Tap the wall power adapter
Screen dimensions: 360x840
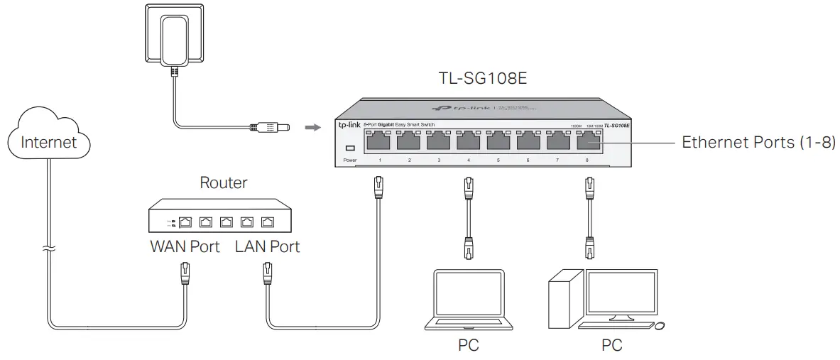(x=170, y=35)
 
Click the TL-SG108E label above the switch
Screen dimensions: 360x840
(x=483, y=78)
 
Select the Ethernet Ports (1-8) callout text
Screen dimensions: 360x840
(x=759, y=142)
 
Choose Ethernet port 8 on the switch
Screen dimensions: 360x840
(x=587, y=142)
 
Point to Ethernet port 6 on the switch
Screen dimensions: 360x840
(x=528, y=142)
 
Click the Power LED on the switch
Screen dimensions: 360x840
(x=349, y=148)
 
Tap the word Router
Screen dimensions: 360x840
(x=223, y=182)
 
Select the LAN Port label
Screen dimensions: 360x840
(x=267, y=246)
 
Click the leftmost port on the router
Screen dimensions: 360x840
(x=185, y=222)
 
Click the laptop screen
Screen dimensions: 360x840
(x=469, y=296)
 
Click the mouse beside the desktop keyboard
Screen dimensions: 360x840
(x=660, y=327)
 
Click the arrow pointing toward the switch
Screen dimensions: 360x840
(x=310, y=129)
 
